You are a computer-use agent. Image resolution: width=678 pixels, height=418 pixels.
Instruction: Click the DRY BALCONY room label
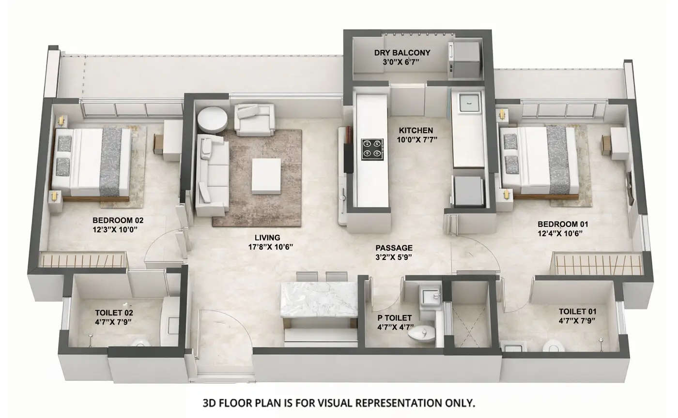point(402,53)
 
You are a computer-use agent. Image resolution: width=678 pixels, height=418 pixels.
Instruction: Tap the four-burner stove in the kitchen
point(371,149)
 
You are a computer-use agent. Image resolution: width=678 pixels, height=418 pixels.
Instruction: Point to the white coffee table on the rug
point(266,176)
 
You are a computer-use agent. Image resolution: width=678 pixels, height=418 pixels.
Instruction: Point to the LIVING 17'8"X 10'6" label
point(267,238)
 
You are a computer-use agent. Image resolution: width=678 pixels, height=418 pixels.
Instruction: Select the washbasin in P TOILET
point(430,295)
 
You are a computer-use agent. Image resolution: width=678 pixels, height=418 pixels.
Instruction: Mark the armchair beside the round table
point(254,119)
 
